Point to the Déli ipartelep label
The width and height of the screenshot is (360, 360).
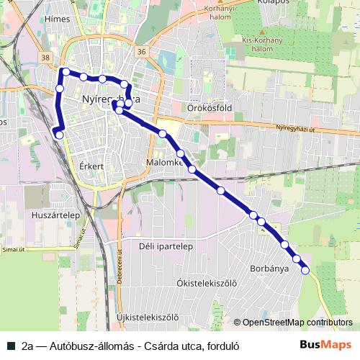click(x=166, y=246)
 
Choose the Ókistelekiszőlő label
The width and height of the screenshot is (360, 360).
click(x=207, y=283)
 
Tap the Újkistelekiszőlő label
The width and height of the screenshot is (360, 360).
click(x=147, y=317)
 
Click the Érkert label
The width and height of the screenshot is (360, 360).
click(x=91, y=166)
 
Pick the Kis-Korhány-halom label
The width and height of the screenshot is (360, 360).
click(x=261, y=44)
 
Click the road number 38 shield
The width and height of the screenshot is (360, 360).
click(x=47, y=57)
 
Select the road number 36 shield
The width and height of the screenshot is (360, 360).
click(x=141, y=52)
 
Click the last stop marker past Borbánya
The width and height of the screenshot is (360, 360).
click(x=305, y=270)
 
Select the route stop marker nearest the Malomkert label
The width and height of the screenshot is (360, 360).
click(x=180, y=153)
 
